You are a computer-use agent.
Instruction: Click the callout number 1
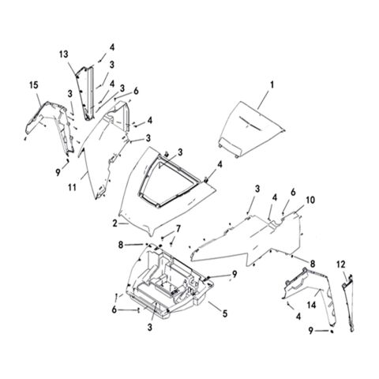click(272, 85)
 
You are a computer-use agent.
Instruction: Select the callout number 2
click(115, 223)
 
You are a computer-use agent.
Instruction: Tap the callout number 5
click(225, 313)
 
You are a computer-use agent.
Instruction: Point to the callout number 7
click(178, 229)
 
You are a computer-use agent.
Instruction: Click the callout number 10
click(310, 200)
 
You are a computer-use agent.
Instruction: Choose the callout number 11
click(72, 188)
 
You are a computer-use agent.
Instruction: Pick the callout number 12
click(341, 265)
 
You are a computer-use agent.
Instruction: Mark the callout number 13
click(63, 54)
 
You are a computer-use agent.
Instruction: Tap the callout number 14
click(311, 305)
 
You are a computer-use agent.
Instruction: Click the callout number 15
click(34, 85)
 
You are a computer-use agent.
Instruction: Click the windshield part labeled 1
click(250, 126)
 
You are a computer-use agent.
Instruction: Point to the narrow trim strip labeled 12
click(349, 302)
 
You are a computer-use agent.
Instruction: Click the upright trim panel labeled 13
click(86, 92)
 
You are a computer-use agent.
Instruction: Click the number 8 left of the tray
click(121, 245)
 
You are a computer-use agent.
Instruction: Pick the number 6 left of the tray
click(114, 310)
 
